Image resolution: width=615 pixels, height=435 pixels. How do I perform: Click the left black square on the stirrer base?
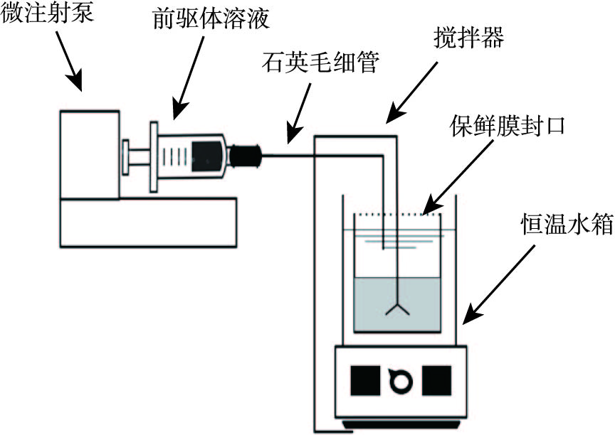[365, 380]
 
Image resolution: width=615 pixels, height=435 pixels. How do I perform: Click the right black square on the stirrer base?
[436, 380]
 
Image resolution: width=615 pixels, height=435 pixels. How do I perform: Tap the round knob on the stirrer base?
[401, 381]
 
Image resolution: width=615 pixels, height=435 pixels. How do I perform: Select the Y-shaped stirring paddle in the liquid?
[396, 308]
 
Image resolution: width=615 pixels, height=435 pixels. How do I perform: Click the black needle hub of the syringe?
[246, 154]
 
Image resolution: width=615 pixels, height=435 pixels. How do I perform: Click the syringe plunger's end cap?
[125, 156]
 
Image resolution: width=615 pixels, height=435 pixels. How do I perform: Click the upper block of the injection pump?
[89, 154]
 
